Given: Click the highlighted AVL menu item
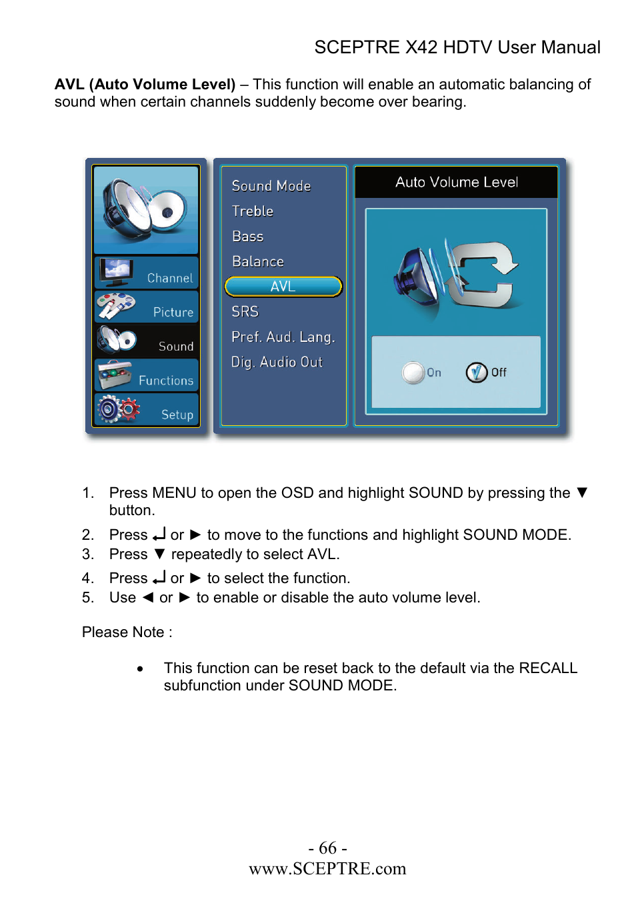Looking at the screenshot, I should [x=283, y=287].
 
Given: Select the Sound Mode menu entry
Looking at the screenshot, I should [x=271, y=186].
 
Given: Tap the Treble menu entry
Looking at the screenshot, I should [x=253, y=211].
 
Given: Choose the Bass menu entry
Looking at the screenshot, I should [x=248, y=237].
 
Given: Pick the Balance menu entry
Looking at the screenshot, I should [x=258, y=262].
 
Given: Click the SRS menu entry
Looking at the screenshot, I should [x=245, y=312].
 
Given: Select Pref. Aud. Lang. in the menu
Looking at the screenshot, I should [x=283, y=337].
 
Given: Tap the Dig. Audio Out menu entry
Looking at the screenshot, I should [x=277, y=363].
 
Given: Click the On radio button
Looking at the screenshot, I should [x=413, y=373].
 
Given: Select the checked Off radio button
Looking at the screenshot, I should [x=477, y=373].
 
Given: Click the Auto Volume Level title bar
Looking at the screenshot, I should [x=457, y=183].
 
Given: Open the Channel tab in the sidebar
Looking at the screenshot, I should [x=147, y=273].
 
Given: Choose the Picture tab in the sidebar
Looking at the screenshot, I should [x=147, y=307].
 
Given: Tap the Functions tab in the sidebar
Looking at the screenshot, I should [x=147, y=376].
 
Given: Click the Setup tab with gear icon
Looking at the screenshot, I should [x=147, y=410].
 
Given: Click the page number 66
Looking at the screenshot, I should [x=327, y=848].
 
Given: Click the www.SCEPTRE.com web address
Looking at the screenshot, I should [x=327, y=868].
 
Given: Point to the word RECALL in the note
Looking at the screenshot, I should [x=548, y=668].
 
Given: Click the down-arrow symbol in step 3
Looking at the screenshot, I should [x=159, y=554].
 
